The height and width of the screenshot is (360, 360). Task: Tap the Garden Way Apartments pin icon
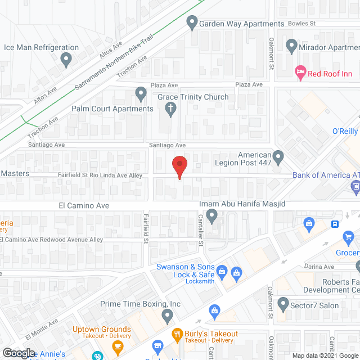192,24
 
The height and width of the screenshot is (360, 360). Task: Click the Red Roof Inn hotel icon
300,72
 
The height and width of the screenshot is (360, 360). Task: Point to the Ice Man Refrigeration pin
66,58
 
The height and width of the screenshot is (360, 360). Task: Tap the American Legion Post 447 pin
278,155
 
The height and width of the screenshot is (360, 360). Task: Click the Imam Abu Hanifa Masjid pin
211,215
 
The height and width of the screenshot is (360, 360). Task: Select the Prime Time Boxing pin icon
166,316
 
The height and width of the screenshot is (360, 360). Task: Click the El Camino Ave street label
84,206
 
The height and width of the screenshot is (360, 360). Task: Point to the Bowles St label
302,24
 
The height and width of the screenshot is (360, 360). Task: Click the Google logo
18,353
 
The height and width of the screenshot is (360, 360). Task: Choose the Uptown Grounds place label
101,329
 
